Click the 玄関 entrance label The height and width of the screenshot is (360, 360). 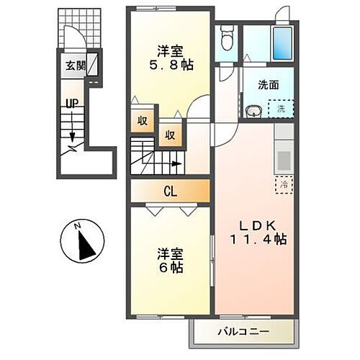pyautogui.click(x=75, y=67)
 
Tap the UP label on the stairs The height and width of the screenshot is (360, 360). pyautogui.click(x=73, y=104)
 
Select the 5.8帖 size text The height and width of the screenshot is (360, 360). pyautogui.click(x=171, y=63)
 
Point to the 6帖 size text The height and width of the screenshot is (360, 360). pyautogui.click(x=171, y=267)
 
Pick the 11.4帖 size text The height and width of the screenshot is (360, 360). pyautogui.click(x=258, y=239)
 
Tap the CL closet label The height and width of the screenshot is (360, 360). pyautogui.click(x=170, y=191)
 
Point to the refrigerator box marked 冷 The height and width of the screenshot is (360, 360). pyautogui.click(x=284, y=185)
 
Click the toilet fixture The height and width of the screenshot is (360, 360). pyautogui.click(x=227, y=37)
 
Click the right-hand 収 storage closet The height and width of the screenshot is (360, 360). pyautogui.click(x=171, y=134)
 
